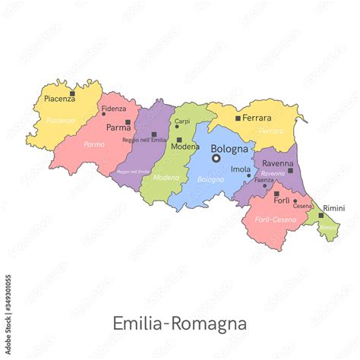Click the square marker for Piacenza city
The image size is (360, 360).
[72, 94]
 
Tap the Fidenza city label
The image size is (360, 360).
[114, 109]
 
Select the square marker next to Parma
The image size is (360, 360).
[128, 122]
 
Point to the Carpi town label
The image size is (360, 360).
[182, 122]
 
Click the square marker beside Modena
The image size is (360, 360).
[178, 140]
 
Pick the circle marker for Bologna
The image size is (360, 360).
[216, 159]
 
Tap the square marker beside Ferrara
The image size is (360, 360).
[238, 118]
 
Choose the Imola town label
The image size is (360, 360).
[240, 169]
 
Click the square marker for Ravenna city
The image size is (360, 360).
[290, 170]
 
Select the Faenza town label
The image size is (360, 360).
[264, 180]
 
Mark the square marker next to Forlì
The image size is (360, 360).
[276, 194]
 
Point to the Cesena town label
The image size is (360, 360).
[302, 206]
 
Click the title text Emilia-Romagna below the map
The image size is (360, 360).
[179, 324]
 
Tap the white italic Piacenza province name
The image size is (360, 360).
[60, 120]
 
